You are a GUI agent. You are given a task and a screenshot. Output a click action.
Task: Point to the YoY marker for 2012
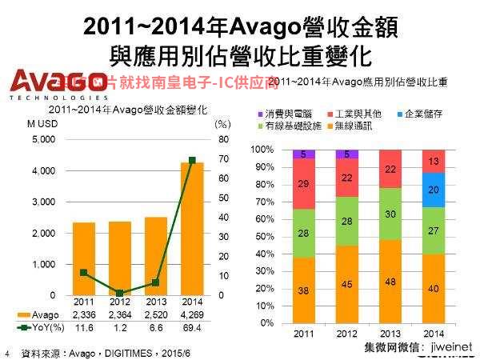point(119,294)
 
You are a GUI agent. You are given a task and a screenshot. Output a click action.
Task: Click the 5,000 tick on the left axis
point(43,139)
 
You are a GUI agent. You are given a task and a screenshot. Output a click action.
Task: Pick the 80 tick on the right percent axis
point(222,139)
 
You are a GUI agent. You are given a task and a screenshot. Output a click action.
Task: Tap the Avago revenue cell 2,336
point(84,315)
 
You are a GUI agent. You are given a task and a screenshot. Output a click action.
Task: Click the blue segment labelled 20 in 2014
point(433,190)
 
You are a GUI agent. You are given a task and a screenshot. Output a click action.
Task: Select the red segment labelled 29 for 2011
point(303,184)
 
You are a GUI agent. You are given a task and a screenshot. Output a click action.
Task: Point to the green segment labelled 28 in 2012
point(347,221)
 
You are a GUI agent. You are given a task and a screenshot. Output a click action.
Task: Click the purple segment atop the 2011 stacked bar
point(303,154)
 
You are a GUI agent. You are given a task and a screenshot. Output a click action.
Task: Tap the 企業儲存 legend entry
point(425,113)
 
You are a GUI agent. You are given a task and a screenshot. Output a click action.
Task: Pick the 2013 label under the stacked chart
point(390,333)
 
